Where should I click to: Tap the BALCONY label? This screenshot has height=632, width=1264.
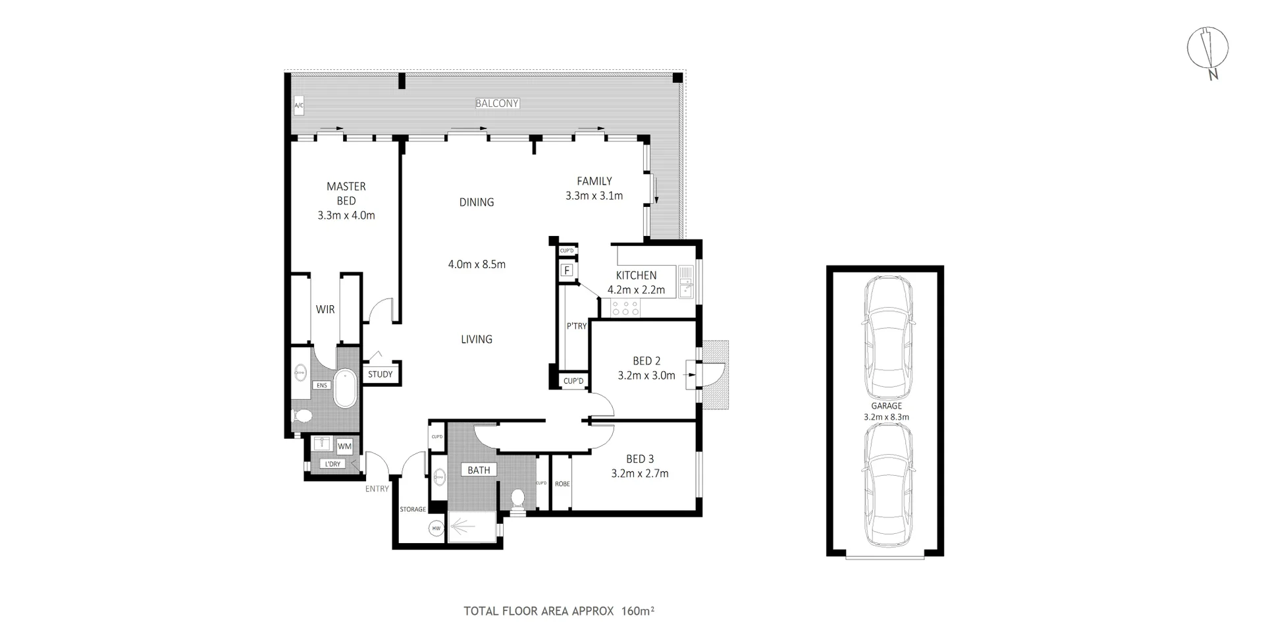click(497, 103)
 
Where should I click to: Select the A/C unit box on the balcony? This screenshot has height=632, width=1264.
click(298, 105)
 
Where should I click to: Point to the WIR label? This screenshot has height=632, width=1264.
click(325, 309)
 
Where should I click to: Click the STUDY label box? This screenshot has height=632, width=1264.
click(380, 374)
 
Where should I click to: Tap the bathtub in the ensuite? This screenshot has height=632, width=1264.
click(345, 389)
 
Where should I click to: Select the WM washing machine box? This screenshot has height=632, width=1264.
click(344, 446)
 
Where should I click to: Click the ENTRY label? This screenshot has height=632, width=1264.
click(377, 488)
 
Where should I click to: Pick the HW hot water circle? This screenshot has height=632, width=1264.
click(436, 529)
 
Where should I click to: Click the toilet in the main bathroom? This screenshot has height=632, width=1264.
click(518, 499)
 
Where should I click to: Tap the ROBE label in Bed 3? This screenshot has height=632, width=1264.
click(562, 484)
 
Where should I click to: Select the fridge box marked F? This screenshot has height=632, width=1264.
click(566, 270)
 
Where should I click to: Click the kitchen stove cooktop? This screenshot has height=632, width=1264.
click(625, 307)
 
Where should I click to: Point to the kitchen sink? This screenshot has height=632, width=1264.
click(686, 281)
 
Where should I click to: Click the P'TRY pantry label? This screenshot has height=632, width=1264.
click(576, 326)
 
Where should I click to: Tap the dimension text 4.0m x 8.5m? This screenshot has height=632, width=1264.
click(477, 264)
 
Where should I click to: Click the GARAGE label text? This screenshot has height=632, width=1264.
click(886, 406)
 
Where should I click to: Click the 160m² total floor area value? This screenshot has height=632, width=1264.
click(637, 611)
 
